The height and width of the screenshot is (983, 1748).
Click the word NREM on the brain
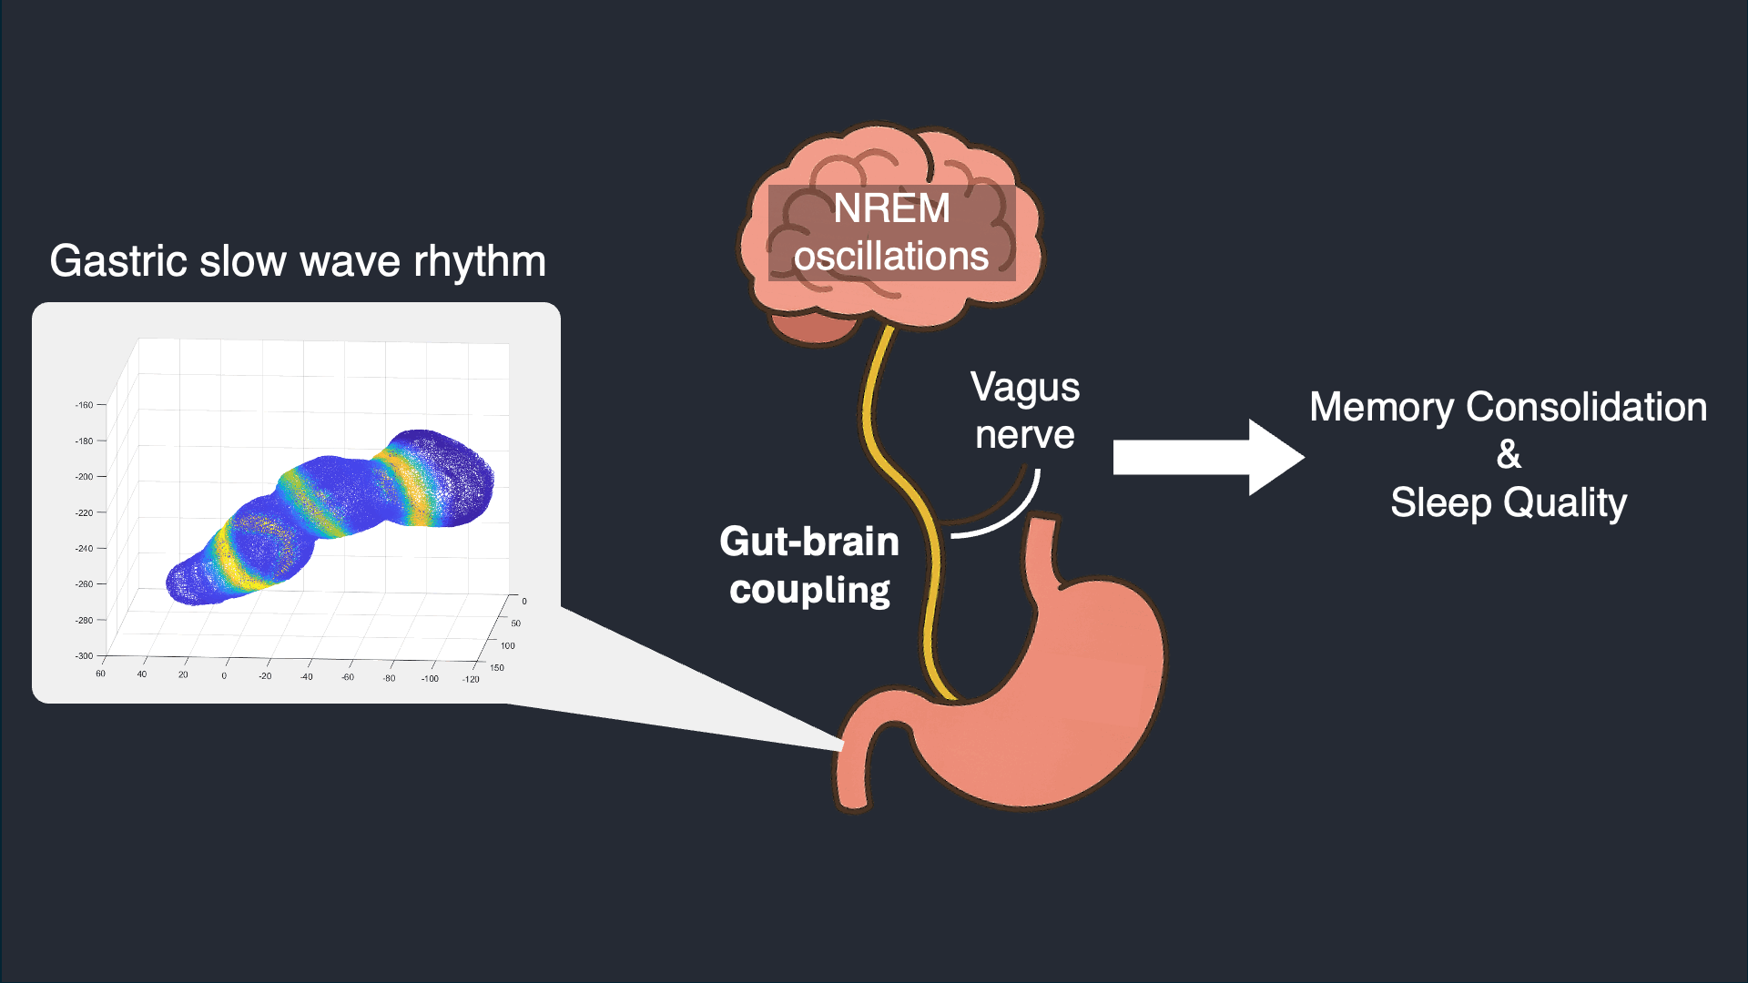pyautogui.click(x=891, y=208)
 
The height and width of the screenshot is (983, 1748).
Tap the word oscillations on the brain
pyautogui.click(x=891, y=257)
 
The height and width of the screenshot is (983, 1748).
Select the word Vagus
pyautogui.click(x=1025, y=388)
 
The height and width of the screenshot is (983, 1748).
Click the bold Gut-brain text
pyautogui.click(x=809, y=542)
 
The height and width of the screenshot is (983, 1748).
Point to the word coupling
pyautogui.click(x=809, y=591)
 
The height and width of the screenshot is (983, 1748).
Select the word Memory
pyautogui.click(x=1380, y=408)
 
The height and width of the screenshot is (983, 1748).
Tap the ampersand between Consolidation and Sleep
pyautogui.click(x=1509, y=454)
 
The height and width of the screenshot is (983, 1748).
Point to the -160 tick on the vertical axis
pyautogui.click(x=84, y=405)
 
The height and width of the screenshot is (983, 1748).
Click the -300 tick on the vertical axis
pyautogui.click(x=84, y=655)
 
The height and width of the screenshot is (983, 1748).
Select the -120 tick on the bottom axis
pyautogui.click(x=471, y=679)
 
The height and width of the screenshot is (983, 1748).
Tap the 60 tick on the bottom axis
pyautogui.click(x=100, y=674)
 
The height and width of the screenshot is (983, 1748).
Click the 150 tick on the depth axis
pyautogui.click(x=497, y=667)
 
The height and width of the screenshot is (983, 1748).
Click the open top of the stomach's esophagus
pyautogui.click(x=1043, y=521)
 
